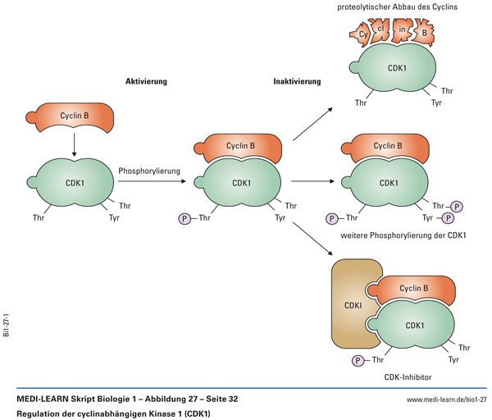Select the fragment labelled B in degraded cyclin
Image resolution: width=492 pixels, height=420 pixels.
coord(425,34)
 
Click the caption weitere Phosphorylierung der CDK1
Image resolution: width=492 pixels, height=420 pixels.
coord(402,236)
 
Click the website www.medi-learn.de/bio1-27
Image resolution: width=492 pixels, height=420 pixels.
coord(447,399)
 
